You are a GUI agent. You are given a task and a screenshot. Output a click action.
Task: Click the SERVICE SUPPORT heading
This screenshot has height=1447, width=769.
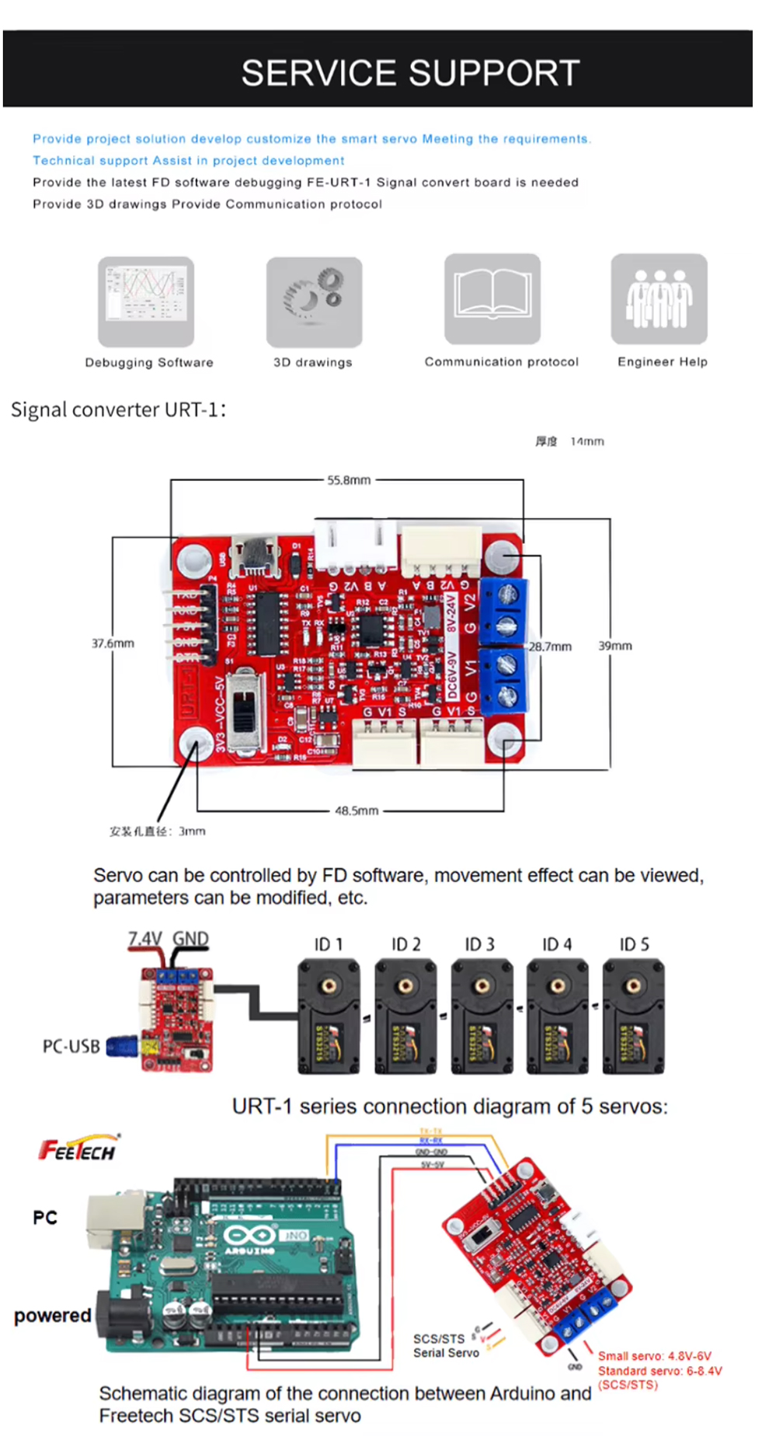pyautogui.click(x=410, y=73)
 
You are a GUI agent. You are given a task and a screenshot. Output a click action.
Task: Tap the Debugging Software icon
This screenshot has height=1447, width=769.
pyautogui.click(x=146, y=302)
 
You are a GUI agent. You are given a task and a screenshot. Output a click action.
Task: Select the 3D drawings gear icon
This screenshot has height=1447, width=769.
pyautogui.click(x=314, y=302)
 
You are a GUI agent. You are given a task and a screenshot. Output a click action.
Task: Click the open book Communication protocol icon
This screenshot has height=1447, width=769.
pyautogui.click(x=492, y=298)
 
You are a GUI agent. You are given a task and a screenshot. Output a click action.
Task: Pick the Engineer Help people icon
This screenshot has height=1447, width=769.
pyautogui.click(x=659, y=298)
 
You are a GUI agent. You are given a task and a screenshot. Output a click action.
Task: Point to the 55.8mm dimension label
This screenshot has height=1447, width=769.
pyautogui.click(x=349, y=480)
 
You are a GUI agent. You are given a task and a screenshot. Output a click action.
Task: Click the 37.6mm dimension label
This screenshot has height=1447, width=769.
pyautogui.click(x=113, y=643)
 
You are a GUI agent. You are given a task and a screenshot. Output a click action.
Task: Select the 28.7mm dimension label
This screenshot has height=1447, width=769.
pyautogui.click(x=550, y=647)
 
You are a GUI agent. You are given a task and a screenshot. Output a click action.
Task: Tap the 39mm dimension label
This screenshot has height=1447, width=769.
pyautogui.click(x=614, y=646)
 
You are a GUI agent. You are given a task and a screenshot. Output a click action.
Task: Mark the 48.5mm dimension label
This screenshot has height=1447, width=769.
pyautogui.click(x=357, y=811)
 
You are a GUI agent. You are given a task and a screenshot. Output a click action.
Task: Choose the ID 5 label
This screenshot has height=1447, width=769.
pyautogui.click(x=634, y=944)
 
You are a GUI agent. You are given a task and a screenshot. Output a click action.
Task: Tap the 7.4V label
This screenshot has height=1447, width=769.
pyautogui.click(x=144, y=939)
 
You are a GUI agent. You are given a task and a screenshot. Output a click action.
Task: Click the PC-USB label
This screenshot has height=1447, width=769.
pyautogui.click(x=71, y=1046)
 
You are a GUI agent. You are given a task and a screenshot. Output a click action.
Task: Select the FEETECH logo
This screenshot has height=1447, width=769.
pyautogui.click(x=78, y=1149)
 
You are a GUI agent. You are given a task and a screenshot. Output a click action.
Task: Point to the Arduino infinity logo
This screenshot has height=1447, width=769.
pyautogui.click(x=248, y=1235)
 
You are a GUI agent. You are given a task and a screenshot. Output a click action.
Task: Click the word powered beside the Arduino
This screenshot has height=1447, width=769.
pyautogui.click(x=53, y=1315)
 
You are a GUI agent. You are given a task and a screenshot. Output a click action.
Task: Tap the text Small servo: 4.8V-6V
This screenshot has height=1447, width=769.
pyautogui.click(x=654, y=1356)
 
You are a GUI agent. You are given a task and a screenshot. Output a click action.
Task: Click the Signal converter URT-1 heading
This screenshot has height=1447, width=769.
pyautogui.click(x=118, y=410)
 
